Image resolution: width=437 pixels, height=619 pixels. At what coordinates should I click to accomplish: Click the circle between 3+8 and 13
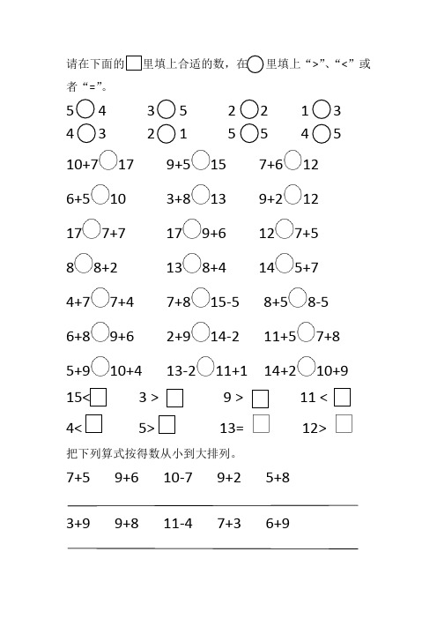coord(201,195)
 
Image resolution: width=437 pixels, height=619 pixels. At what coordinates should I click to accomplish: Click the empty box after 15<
coord(99,398)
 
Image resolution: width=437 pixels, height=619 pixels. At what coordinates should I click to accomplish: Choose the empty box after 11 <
coord(343,398)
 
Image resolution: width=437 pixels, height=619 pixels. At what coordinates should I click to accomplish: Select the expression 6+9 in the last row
coord(278,523)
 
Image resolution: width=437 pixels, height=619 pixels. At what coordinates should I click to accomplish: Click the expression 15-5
coord(230,302)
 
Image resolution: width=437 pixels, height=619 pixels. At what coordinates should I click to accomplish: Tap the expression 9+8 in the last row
coord(127,523)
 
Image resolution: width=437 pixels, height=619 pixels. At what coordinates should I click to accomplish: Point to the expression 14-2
coord(230,336)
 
